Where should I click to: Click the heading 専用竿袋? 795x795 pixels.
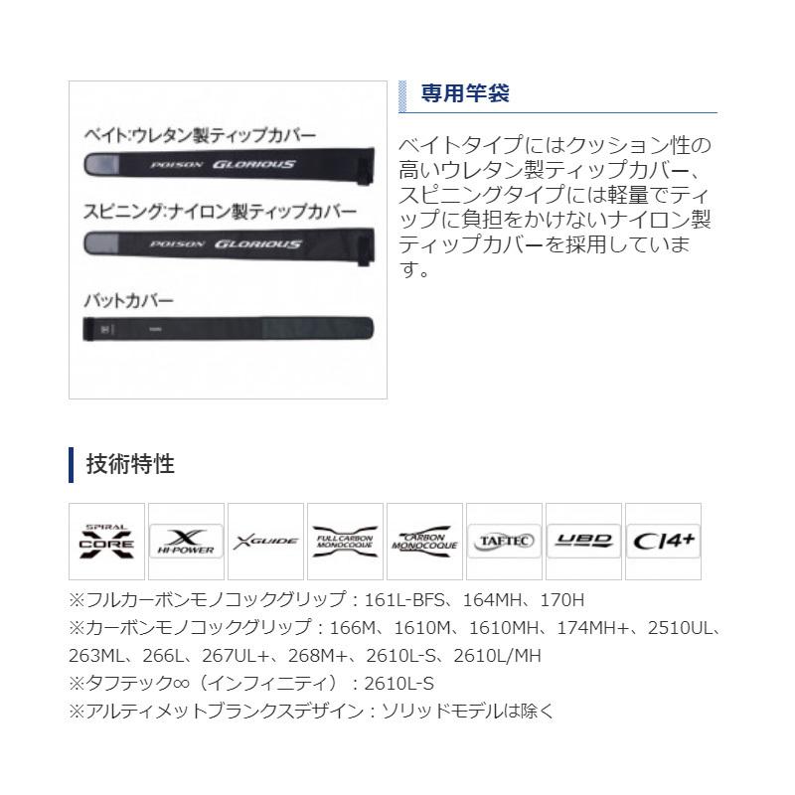[x=464, y=94]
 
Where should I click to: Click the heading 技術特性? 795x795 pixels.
[x=130, y=463]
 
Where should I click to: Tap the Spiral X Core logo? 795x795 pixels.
[x=106, y=541]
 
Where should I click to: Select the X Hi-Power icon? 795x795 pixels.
[x=186, y=541]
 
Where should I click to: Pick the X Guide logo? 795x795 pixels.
[x=265, y=542]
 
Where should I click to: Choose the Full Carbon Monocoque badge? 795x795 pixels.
[x=345, y=541]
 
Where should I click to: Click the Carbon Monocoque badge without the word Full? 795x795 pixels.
[x=424, y=541]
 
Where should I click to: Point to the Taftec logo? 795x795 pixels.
[x=504, y=541]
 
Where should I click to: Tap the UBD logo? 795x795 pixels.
[x=583, y=541]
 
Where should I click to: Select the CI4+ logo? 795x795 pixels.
[x=663, y=541]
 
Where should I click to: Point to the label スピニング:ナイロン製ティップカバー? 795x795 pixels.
[x=220, y=213]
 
